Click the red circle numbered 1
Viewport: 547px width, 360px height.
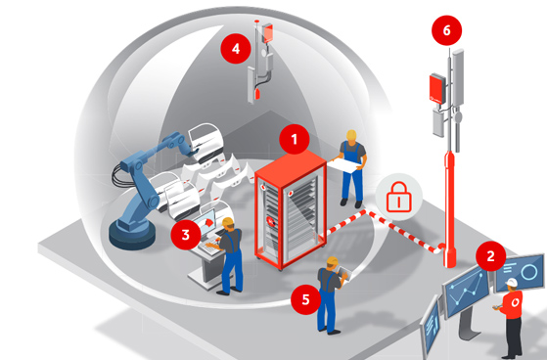pyautogui.click(x=295, y=139)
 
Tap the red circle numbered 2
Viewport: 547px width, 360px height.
pyautogui.click(x=490, y=256)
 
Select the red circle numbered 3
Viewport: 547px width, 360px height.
pyautogui.click(x=186, y=235)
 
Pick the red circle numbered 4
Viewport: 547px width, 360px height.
pyautogui.click(x=236, y=49)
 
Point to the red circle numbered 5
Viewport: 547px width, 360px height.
pyautogui.click(x=306, y=299)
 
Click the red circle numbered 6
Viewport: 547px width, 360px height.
pyautogui.click(x=446, y=30)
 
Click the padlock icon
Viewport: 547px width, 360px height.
pyautogui.click(x=398, y=197)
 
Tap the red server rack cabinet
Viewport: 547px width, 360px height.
pyautogui.click(x=291, y=210)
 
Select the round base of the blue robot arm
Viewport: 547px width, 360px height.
pyautogui.click(x=132, y=234)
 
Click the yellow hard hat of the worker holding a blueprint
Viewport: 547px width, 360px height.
pyautogui.click(x=351, y=135)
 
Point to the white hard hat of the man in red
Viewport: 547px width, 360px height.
pyautogui.click(x=512, y=282)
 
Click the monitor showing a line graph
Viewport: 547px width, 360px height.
pyautogui.click(x=466, y=289)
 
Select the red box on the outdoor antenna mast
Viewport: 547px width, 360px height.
pyautogui.click(x=437, y=89)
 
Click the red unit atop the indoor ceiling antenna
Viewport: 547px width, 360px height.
pyautogui.click(x=268, y=32)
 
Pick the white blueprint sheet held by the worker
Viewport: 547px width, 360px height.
pyautogui.click(x=346, y=165)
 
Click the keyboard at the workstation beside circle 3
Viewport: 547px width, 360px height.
pyautogui.click(x=210, y=248)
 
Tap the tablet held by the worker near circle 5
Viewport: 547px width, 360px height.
pyautogui.click(x=342, y=274)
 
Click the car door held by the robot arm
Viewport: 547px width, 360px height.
pyautogui.click(x=206, y=142)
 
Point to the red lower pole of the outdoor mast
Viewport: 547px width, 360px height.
pyautogui.click(x=449, y=209)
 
